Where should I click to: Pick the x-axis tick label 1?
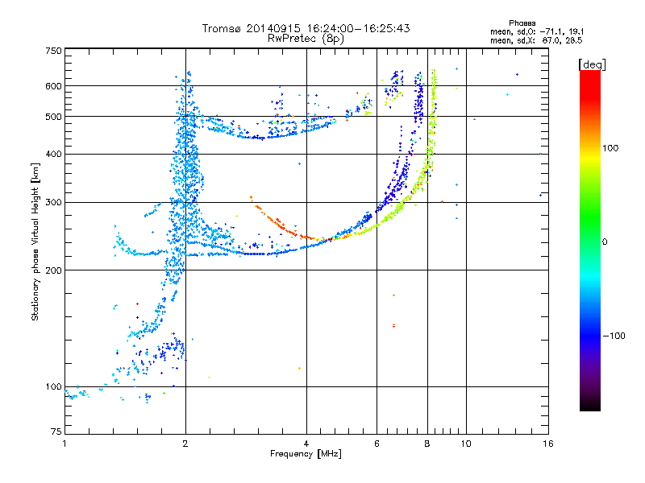coord(64,444)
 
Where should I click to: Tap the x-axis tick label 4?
coord(306,444)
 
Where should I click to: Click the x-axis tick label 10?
coord(465,444)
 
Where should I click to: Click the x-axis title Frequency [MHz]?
coord(306,455)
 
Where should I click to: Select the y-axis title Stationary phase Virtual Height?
coord(35,242)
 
